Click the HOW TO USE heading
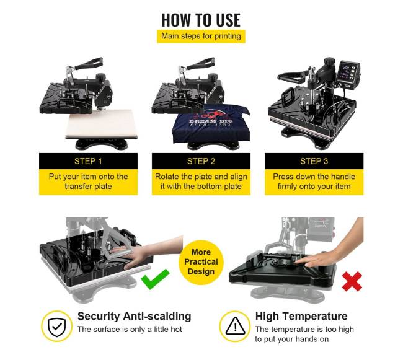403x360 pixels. point(201,20)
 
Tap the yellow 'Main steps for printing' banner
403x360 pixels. point(201,36)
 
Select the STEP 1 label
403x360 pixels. point(88,161)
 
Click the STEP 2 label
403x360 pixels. point(201,161)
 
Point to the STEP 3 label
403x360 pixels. point(314,161)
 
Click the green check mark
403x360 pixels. point(155,279)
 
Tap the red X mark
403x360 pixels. point(352,282)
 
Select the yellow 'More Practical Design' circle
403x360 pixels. point(201,262)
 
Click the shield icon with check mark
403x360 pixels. point(57,327)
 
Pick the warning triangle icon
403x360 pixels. point(235,326)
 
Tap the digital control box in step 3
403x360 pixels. point(348,74)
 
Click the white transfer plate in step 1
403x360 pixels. point(101,124)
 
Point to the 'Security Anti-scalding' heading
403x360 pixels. point(134,317)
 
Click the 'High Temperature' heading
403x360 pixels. point(301,316)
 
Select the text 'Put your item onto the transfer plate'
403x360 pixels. point(88,182)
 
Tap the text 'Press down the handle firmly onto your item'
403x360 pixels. point(314,182)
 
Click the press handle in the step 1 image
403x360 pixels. point(89,64)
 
